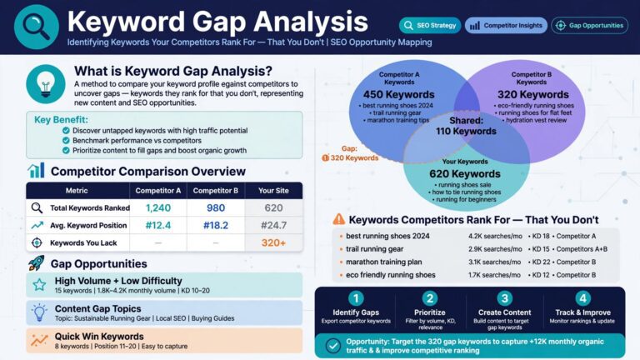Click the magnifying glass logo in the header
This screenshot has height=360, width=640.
pyautogui.click(x=37, y=27)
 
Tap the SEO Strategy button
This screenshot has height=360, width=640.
pyautogui.click(x=430, y=25)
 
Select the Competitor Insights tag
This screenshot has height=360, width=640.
pyautogui.click(x=506, y=25)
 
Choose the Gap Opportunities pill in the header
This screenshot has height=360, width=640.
pyautogui.click(x=590, y=25)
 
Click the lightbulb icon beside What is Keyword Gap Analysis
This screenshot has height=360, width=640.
pyautogui.click(x=46, y=84)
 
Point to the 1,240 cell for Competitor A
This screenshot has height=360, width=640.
pyautogui.click(x=158, y=208)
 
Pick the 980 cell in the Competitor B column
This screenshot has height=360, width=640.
pyautogui.click(x=216, y=208)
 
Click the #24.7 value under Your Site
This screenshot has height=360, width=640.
pyautogui.click(x=273, y=225)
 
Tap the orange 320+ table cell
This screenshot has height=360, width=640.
pyautogui.click(x=273, y=242)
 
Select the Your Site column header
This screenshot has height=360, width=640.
pyautogui.click(x=273, y=191)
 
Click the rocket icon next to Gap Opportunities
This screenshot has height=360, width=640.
pyautogui.click(x=37, y=263)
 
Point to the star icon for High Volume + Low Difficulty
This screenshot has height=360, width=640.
pyautogui.click(x=39, y=284)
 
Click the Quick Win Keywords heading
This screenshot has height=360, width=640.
pyautogui.click(x=99, y=337)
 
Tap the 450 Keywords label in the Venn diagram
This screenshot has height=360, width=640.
pyautogui.click(x=399, y=95)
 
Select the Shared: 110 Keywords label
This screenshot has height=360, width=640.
pyautogui.click(x=466, y=126)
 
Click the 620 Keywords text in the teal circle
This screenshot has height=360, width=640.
pyautogui.click(x=465, y=174)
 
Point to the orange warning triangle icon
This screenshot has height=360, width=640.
pyautogui.click(x=339, y=219)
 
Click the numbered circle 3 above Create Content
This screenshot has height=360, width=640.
pyautogui.click(x=504, y=298)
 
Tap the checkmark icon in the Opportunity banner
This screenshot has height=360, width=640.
pyautogui.click(x=333, y=346)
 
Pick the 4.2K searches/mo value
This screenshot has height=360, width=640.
pyautogui.click(x=495, y=236)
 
